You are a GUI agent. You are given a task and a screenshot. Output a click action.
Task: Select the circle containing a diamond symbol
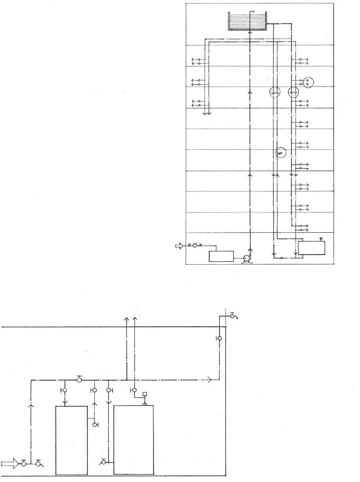click(280, 153)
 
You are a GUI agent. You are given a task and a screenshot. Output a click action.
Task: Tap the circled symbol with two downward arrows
click(275, 93)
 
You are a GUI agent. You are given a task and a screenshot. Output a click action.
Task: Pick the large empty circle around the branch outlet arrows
click(308, 82)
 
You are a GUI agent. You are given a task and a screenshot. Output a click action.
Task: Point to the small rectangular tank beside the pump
click(221, 256)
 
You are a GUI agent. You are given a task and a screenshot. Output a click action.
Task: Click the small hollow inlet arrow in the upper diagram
click(179, 246)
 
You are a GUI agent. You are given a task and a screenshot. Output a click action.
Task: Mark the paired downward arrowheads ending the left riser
click(207, 113)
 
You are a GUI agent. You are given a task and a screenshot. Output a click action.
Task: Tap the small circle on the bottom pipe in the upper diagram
click(281, 257)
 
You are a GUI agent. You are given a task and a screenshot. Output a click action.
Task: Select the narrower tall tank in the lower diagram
click(71, 440)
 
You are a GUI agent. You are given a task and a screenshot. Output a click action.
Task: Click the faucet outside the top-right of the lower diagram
click(233, 316)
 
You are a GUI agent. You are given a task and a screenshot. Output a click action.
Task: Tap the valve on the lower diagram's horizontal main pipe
click(79, 380)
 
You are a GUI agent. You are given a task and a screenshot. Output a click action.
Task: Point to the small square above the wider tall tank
click(145, 394)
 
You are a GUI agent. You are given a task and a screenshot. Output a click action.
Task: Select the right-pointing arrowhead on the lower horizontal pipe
click(209, 380)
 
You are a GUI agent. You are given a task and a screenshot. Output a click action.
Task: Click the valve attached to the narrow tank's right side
click(95, 424)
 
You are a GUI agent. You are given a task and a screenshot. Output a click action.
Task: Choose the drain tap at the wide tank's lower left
click(104, 461)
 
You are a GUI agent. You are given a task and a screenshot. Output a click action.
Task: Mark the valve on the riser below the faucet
click(219, 338)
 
